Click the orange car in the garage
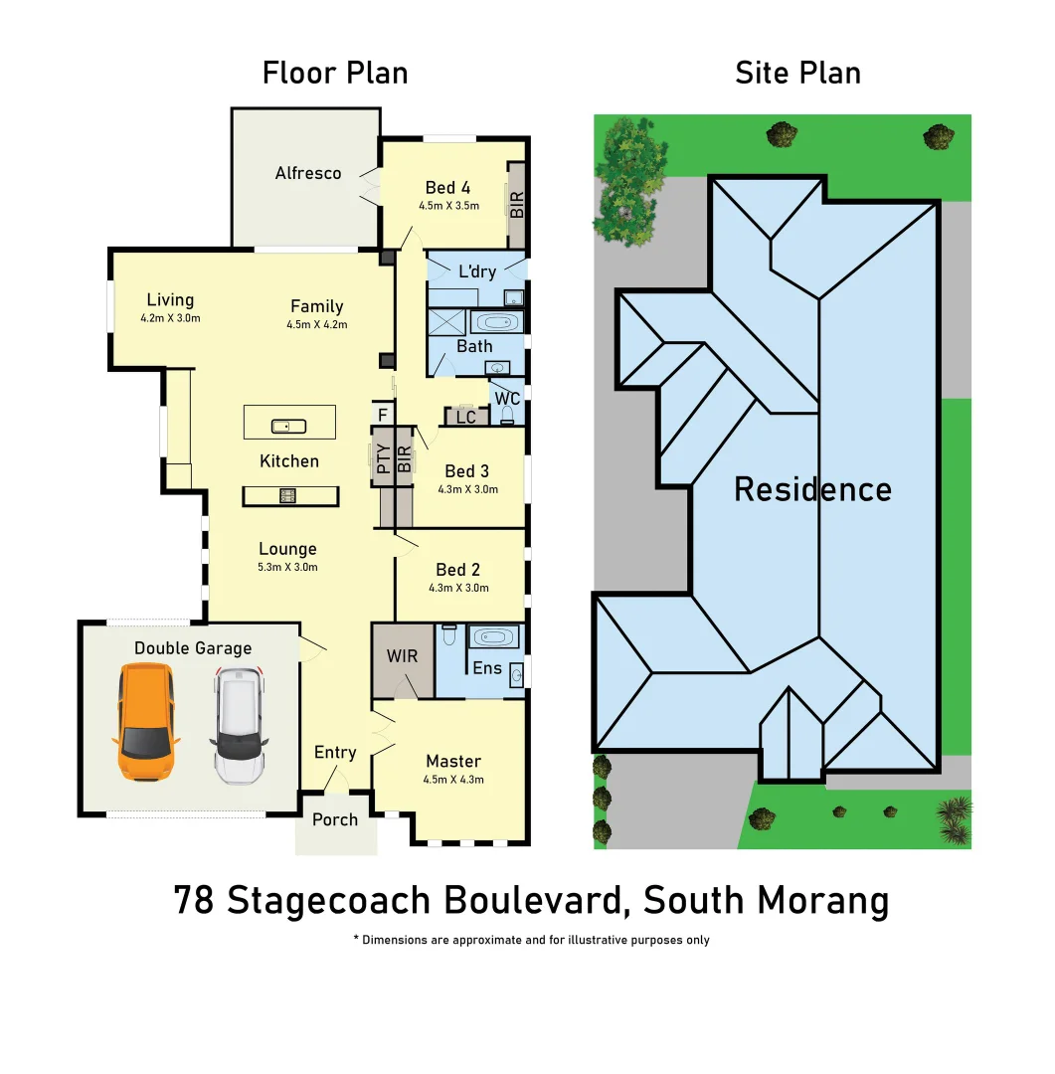pos(146,722)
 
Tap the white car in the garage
pos(239,725)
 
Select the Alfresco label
pos(308,173)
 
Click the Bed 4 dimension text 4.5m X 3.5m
pos(448,207)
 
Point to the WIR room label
pos(402,656)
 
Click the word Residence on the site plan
pos(812,489)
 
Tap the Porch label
pos(335,819)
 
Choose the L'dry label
pos(476,271)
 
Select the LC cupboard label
pos(466,418)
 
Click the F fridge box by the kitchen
pos(382,413)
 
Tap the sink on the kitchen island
pos(288,426)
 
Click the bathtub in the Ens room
pos(494,636)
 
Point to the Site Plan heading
pos(797,73)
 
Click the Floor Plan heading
pos(335,73)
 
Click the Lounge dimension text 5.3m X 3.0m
pos(287,568)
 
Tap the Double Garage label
pos(193,648)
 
